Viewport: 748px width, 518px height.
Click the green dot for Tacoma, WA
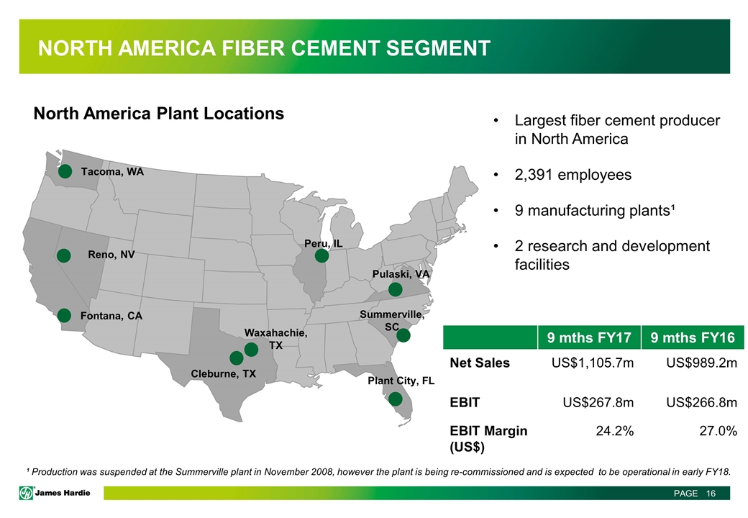(65, 171)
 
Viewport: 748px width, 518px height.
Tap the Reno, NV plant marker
(64, 255)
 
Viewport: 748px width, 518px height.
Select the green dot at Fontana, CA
(64, 315)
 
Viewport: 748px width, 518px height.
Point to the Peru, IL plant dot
(321, 255)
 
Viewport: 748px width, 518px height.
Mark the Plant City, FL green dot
(395, 399)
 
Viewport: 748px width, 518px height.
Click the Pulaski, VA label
(401, 274)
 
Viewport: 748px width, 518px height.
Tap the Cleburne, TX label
(223, 373)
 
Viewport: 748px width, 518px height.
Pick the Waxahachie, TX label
(275, 339)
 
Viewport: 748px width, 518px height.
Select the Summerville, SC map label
(392, 321)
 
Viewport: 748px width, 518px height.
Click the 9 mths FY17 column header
(588, 337)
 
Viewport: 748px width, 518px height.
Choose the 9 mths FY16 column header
(692, 337)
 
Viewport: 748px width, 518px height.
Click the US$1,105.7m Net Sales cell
(593, 363)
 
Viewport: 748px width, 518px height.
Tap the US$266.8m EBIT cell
(702, 403)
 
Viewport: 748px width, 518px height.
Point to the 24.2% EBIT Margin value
(615, 431)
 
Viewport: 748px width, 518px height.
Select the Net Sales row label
(480, 363)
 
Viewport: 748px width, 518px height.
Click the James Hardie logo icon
(26, 494)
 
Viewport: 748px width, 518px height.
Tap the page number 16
(711, 494)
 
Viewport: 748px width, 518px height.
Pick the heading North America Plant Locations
(159, 114)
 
